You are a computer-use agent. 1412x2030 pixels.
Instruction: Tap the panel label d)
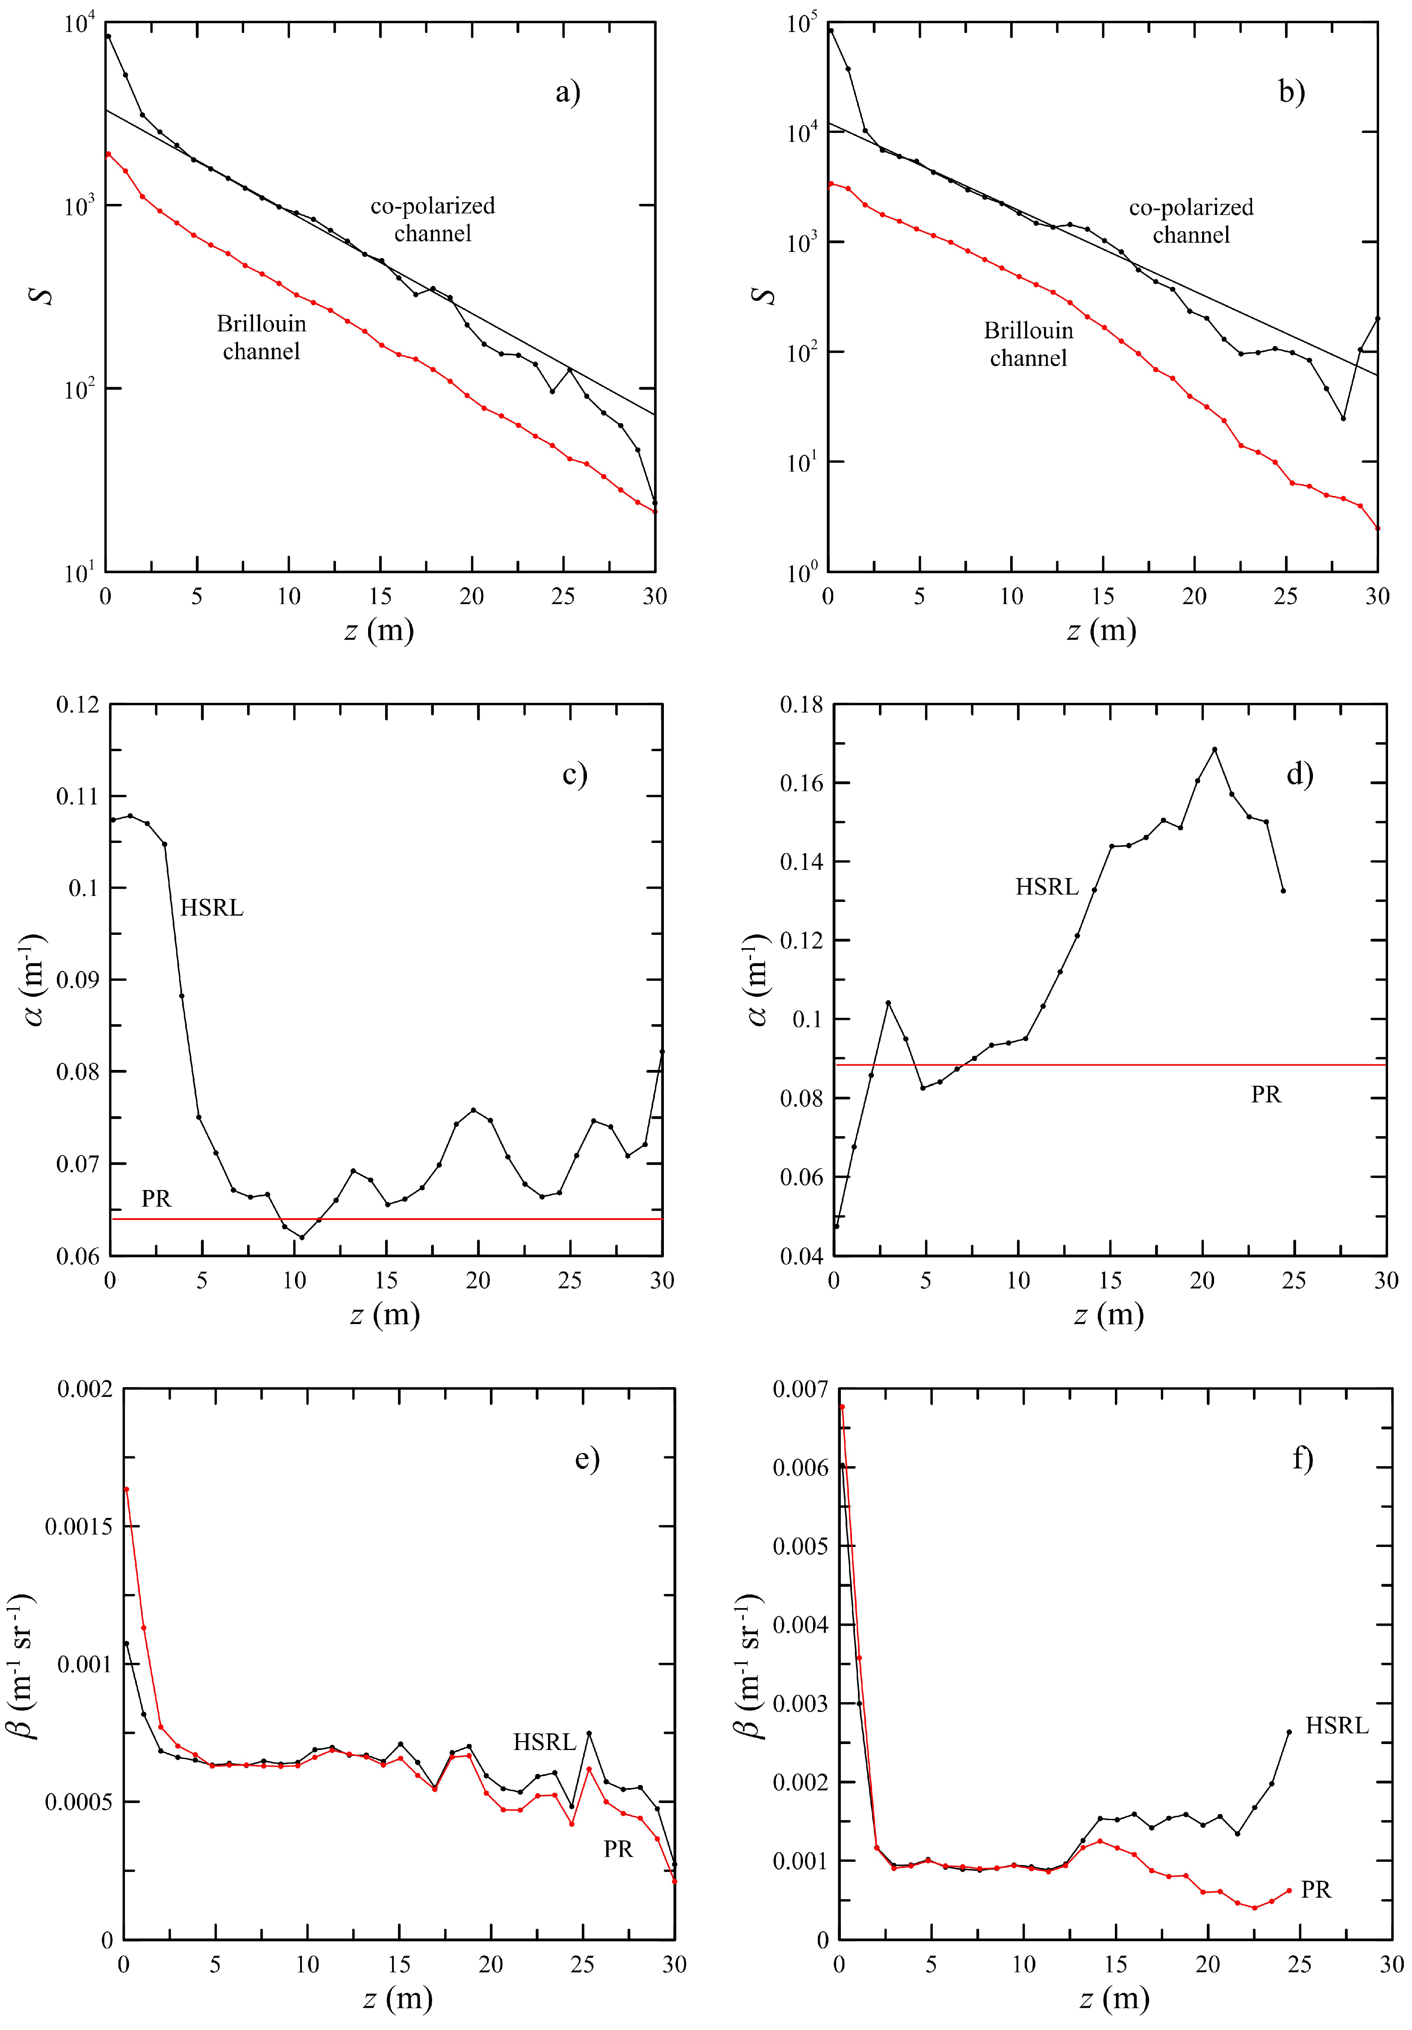1299,775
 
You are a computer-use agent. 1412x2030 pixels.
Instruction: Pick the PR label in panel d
1265,1095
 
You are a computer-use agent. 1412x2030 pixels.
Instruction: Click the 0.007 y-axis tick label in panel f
800,1389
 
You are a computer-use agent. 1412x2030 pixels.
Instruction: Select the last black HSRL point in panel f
1289,1732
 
